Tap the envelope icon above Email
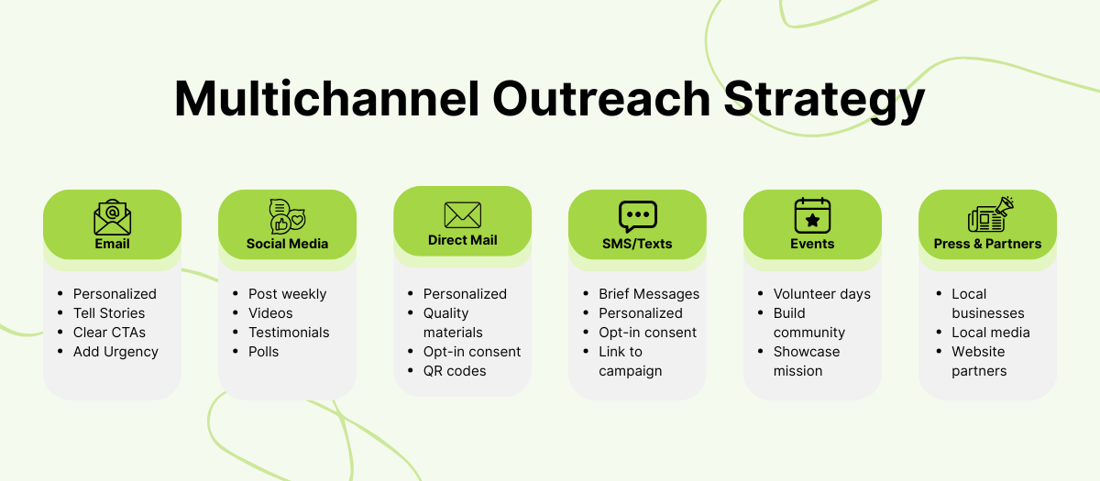click(112, 217)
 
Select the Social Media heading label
click(287, 244)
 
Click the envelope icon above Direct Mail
click(462, 215)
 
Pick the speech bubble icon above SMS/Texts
click(637, 217)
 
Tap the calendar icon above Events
click(812, 216)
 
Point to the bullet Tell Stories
click(109, 313)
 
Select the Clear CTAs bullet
click(109, 333)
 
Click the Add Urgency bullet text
click(115, 352)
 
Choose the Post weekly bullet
click(287, 294)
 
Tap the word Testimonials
click(289, 333)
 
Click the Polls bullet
click(263, 352)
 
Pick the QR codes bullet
click(455, 371)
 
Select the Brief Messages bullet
click(649, 294)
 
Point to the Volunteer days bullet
click(822, 294)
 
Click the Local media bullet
click(991, 333)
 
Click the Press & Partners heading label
click(987, 244)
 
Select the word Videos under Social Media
click(270, 313)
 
